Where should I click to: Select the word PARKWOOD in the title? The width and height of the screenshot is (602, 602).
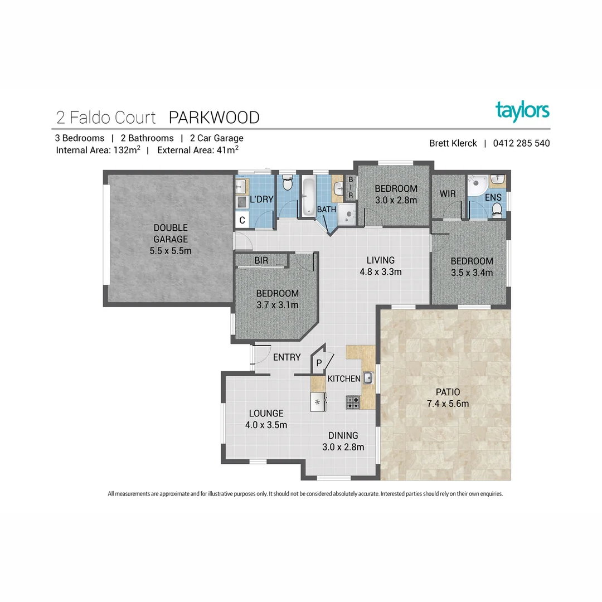click(214, 118)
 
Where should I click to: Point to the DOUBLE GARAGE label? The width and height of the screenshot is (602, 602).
click(171, 234)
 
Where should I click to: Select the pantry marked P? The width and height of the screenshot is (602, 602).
click(319, 363)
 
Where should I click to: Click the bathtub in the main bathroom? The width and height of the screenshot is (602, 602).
click(308, 195)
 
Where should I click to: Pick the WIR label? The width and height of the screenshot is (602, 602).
click(448, 194)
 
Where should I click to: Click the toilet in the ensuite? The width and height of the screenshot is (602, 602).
click(498, 210)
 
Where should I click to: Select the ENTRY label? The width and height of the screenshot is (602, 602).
click(287, 357)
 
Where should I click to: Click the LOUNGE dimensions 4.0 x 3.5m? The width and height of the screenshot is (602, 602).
click(266, 425)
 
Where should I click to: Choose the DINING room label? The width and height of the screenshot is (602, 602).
click(343, 436)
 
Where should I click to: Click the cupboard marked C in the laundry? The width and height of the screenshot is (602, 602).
click(242, 220)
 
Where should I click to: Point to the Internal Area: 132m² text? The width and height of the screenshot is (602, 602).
click(98, 150)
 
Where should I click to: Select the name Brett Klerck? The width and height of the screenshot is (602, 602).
click(453, 143)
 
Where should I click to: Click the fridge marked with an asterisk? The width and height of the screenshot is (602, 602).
click(318, 401)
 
